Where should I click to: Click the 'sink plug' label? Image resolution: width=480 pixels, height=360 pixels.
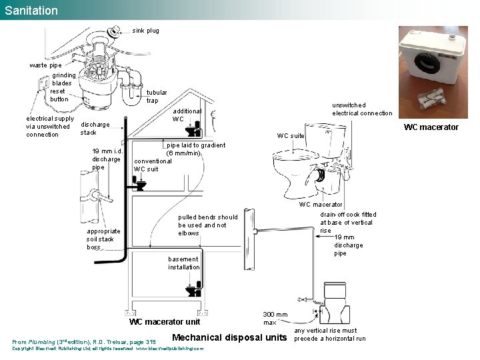click(x=145, y=31)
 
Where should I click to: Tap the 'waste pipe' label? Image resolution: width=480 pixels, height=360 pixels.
click(x=45, y=65)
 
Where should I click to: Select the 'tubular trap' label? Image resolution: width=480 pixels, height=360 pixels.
click(x=157, y=97)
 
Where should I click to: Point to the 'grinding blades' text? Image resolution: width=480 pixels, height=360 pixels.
click(x=64, y=79)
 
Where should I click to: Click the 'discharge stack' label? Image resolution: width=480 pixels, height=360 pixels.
click(x=95, y=129)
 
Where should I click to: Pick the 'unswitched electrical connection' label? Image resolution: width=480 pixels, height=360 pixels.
click(x=362, y=109)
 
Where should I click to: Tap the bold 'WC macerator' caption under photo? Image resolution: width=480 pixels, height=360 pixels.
click(x=431, y=127)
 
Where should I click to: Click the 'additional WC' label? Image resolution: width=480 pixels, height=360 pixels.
click(x=187, y=115)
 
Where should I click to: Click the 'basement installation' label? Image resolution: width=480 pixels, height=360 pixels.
click(x=183, y=263)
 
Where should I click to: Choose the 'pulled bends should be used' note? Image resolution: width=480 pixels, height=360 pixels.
click(x=207, y=225)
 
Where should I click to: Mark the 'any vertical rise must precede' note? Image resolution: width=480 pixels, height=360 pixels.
click(x=330, y=335)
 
